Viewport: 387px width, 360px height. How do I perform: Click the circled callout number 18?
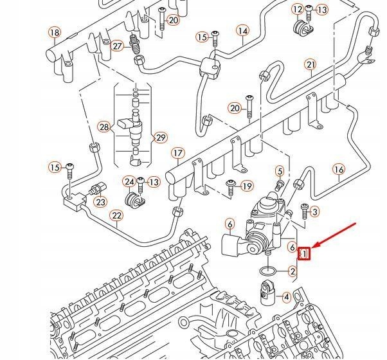click(55, 33)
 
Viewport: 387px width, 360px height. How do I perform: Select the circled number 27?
click(117, 46)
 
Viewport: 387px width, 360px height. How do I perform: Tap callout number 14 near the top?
click(242, 31)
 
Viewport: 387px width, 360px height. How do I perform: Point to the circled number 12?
click(297, 9)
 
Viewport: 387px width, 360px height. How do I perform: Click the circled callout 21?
click(311, 64)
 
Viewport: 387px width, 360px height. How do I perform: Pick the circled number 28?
click(104, 127)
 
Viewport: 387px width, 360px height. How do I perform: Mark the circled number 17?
click(177, 154)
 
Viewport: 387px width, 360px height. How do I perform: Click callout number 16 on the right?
click(339, 170)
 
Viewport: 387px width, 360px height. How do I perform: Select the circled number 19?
click(247, 186)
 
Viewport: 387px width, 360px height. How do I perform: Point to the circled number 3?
click(314, 211)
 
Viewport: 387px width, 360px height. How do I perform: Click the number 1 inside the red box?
click(305, 254)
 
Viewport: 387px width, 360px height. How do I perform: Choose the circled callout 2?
click(293, 272)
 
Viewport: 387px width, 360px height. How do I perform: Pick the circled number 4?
click(287, 297)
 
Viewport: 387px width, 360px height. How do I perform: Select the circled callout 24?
click(129, 183)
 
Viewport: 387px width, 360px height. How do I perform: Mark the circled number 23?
click(100, 202)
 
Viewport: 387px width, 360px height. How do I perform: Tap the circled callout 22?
click(116, 215)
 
